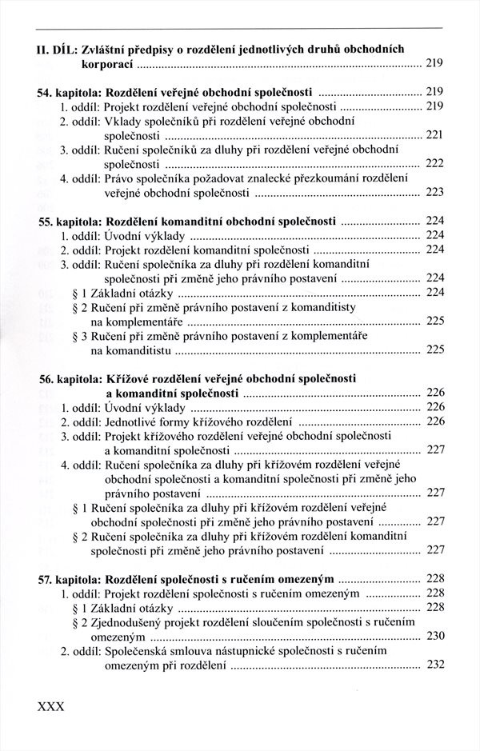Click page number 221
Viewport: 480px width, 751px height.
coord(434,134)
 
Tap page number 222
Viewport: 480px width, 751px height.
coord(434,163)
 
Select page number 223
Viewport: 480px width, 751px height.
coord(434,192)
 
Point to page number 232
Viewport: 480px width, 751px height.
coord(434,665)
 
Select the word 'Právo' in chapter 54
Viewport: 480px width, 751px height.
coord(119,178)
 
